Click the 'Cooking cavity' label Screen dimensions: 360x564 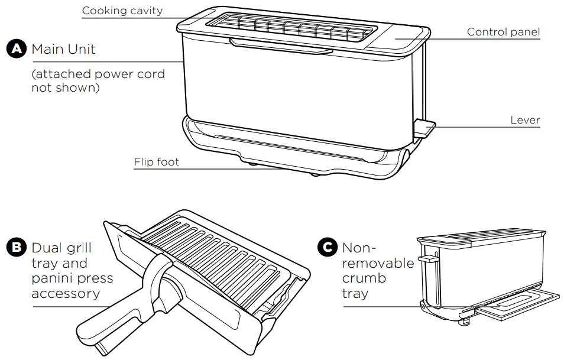[122, 11]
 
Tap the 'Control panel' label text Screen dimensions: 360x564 [503, 32]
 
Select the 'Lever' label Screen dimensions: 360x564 [525, 121]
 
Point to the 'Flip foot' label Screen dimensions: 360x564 [156, 161]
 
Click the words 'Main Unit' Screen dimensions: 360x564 [63, 49]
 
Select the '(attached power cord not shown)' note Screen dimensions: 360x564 [98, 81]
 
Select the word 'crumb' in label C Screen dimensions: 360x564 [364, 278]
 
